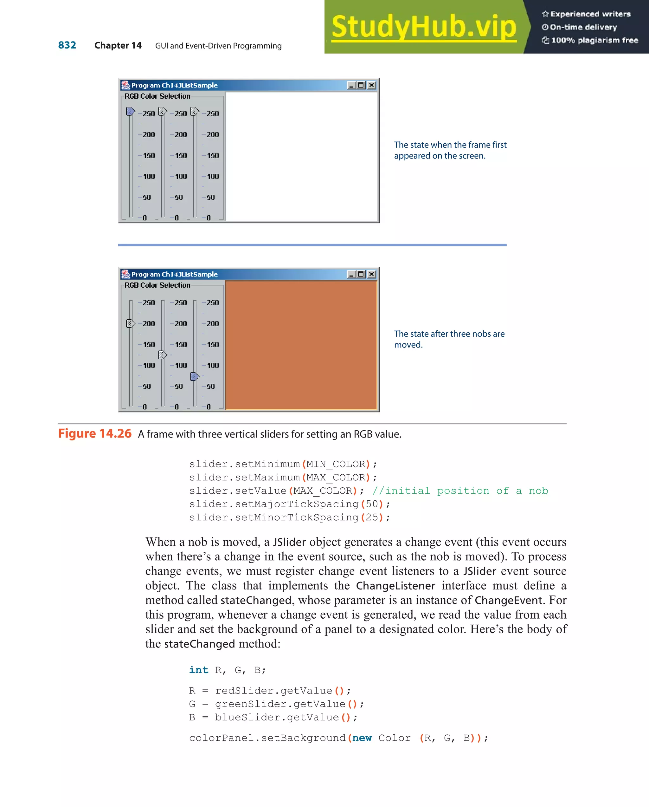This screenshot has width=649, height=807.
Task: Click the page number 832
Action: coord(67,45)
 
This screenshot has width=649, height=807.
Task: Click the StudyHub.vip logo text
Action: coord(423,27)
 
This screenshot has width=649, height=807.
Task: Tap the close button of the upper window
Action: coord(371,85)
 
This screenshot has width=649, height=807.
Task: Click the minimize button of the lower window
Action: coord(351,274)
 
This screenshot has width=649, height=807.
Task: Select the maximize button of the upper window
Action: coord(361,85)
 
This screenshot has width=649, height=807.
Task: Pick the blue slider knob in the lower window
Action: coord(195,376)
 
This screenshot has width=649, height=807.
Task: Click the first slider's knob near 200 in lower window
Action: coord(130,323)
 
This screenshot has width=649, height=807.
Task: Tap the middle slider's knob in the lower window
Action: coord(162,355)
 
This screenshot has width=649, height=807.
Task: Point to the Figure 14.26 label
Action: coord(95,433)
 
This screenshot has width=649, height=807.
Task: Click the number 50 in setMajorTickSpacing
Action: coord(371,504)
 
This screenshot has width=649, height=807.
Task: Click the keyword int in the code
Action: coord(198,670)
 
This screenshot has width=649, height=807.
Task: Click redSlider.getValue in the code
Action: coord(273,691)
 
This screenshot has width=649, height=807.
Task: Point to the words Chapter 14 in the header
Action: coord(118,46)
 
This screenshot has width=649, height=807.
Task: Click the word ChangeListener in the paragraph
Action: coord(395,586)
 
